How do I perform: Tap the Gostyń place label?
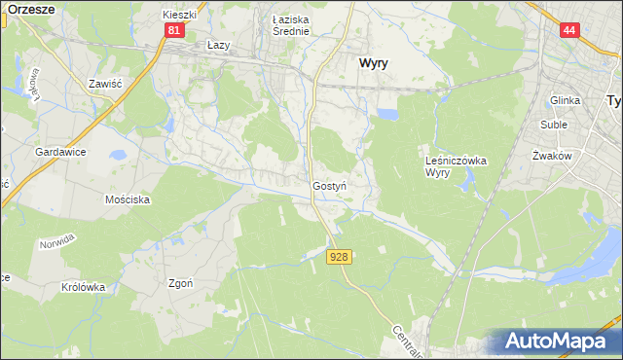click(330, 185)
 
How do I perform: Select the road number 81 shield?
click(173, 31)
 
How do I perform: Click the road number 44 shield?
click(569, 31)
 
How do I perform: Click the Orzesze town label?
click(28, 8)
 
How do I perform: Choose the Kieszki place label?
click(180, 16)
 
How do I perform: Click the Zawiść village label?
click(104, 85)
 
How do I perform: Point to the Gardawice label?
click(61, 153)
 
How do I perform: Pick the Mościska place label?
click(127, 198)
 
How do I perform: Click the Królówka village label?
click(83, 287)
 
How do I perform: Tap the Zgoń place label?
click(180, 284)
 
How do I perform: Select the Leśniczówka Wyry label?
click(456, 165)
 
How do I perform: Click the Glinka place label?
click(565, 100)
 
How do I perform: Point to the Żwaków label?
click(552, 156)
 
